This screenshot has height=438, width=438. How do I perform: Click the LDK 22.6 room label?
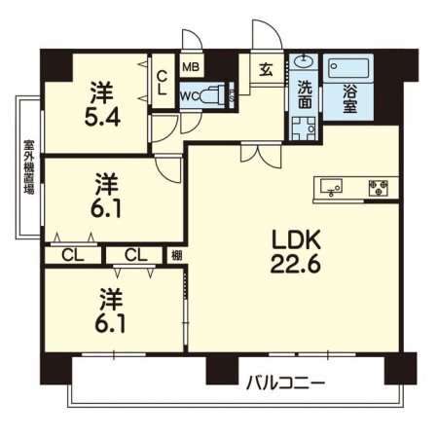(291, 251)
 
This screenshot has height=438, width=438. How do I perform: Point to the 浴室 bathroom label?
(348, 101)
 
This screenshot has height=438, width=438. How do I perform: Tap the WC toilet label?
(190, 95)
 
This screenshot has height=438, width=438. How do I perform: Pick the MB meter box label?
(191, 68)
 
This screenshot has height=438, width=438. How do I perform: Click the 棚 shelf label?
(175, 256)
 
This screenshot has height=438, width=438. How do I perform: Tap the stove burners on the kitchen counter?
(378, 187)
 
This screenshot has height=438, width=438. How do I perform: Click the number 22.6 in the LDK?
(291, 263)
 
